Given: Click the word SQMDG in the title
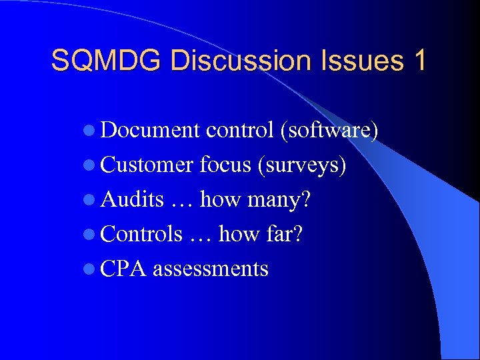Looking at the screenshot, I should pos(106,61).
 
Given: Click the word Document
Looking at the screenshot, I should pos(151,131).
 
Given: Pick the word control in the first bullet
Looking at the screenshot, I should pos(240,131).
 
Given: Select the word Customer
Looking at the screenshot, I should pos(147,165).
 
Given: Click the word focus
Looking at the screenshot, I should pos(225,165).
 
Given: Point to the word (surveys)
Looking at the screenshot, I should pos(301,165).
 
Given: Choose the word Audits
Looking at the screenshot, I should pos(133,199).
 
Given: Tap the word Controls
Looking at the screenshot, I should pos(141,234).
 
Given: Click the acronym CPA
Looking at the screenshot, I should pos(124,269).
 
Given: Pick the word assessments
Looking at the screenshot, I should pos(211,269).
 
